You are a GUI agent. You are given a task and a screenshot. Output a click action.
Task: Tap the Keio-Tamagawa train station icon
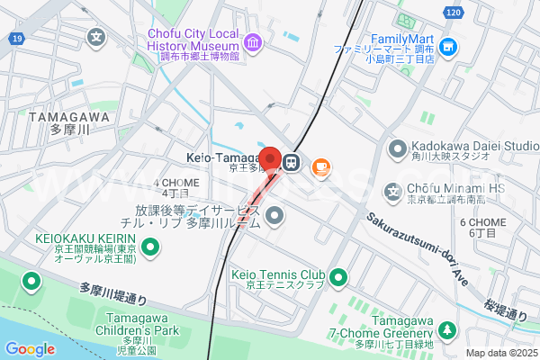pos(291,163)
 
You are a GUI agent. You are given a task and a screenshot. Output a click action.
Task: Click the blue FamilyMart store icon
pos(448,45)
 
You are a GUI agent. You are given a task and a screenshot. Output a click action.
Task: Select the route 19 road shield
pos(17,38)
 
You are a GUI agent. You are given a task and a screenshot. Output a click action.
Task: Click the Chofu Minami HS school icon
pos(392,191)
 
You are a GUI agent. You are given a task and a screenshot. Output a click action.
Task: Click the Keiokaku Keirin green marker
pos(150,245)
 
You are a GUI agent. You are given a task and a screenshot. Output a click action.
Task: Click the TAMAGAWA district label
pos(68,122)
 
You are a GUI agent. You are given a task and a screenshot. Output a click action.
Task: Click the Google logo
pos(30,349)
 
